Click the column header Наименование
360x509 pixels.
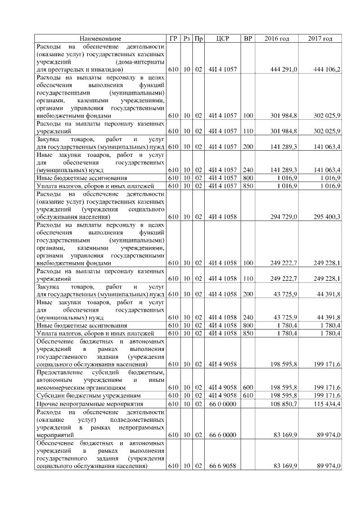[x=100, y=38]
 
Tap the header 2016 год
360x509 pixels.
[x=277, y=38]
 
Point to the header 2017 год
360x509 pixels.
[x=321, y=38]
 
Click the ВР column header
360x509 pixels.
[x=247, y=38]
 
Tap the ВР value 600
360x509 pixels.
[x=247, y=388]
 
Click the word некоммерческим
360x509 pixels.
[x=61, y=388]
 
